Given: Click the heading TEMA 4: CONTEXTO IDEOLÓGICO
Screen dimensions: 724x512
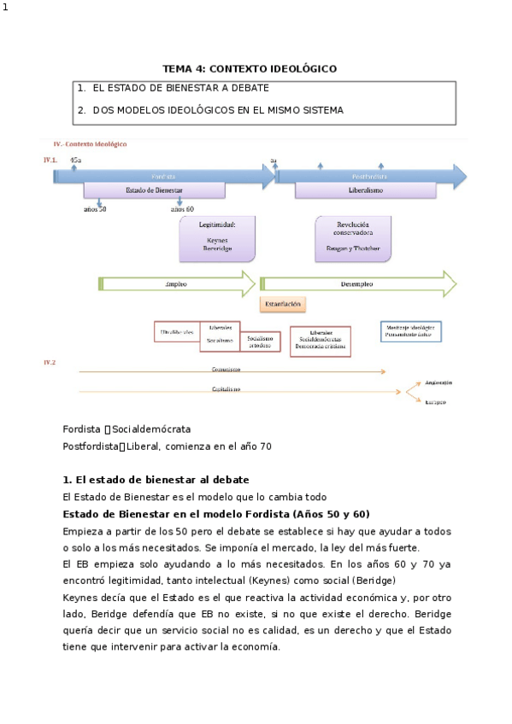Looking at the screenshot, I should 250,68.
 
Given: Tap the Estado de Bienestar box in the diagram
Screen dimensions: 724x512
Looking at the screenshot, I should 154,190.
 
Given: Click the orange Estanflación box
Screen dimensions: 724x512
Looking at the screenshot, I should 282,303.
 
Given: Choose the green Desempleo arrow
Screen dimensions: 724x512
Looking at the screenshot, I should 357,283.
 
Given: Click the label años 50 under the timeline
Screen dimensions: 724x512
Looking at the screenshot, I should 95,209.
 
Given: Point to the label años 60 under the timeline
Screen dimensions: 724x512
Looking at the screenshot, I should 182,209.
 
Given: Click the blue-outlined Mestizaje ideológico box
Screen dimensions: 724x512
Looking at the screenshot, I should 410,331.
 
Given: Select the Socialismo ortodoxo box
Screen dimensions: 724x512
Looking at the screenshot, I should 261,340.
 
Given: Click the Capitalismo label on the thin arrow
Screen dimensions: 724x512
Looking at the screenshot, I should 226,389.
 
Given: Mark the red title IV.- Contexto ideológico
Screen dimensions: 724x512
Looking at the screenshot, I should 90,144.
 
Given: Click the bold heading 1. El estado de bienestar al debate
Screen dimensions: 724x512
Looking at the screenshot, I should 156,479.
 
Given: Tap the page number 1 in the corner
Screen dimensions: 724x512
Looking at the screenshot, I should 5,8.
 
